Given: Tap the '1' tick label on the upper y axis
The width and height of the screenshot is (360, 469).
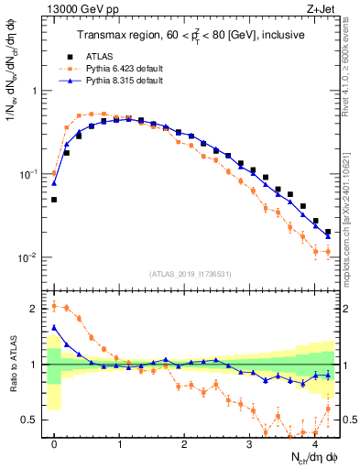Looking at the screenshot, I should (37, 92).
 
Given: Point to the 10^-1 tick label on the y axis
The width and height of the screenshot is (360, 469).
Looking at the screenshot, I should (31, 174).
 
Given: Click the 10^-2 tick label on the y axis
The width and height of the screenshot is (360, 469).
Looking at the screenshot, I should (31, 257).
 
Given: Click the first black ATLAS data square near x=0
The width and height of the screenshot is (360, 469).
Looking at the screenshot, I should (54, 199).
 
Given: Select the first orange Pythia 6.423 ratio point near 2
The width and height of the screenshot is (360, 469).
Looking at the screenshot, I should (54, 306).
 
